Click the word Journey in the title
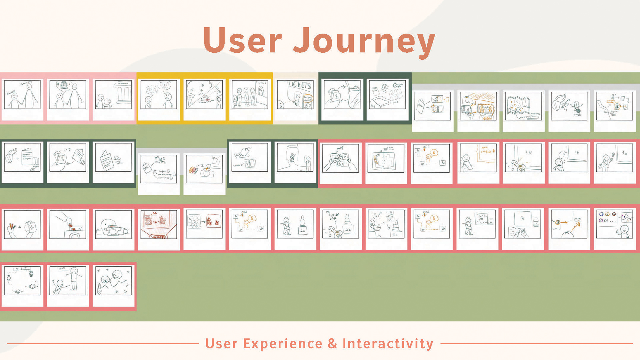tap(364, 41)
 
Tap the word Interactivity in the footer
tap(388, 344)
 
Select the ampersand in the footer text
tap(332, 344)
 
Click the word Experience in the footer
tap(283, 344)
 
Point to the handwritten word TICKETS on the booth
tap(299, 85)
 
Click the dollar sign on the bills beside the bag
tap(337, 96)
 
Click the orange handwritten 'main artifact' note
tap(486, 150)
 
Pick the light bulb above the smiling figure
tap(613, 154)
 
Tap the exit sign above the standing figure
tap(62, 268)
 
